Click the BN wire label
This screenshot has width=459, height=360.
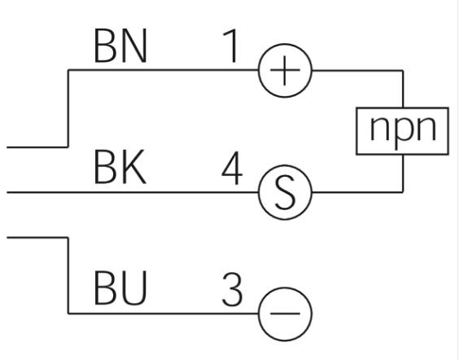click(120, 46)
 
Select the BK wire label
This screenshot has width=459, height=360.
click(120, 167)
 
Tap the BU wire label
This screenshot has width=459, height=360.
click(120, 288)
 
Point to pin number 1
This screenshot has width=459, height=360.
click(230, 46)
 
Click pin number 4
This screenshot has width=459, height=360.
click(232, 168)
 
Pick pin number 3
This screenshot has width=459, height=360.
click(232, 289)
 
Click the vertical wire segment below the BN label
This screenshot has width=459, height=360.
click(68, 108)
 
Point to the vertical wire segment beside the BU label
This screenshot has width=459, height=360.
click(68, 275)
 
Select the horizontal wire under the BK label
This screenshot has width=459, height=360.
click(133, 192)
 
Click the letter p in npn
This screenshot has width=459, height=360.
click(403, 131)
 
